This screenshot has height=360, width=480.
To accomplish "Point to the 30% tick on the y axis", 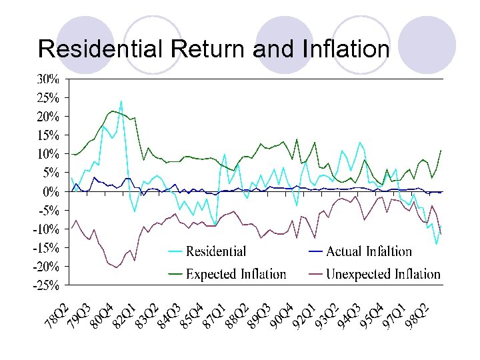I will [x=47, y=78].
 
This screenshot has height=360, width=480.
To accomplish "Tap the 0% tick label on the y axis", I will [x=51, y=191].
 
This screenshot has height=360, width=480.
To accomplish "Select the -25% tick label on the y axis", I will [x=45, y=285].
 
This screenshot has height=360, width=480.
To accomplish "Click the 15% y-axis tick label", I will [x=47, y=135].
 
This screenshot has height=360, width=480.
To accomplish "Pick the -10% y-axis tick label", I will [x=45, y=229].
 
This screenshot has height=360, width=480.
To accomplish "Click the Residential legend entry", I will [x=215, y=252].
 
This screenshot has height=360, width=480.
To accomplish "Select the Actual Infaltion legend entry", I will [x=369, y=252].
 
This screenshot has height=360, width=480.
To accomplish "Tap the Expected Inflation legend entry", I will [x=235, y=274].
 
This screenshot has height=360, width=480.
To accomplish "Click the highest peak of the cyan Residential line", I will [x=121, y=101].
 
